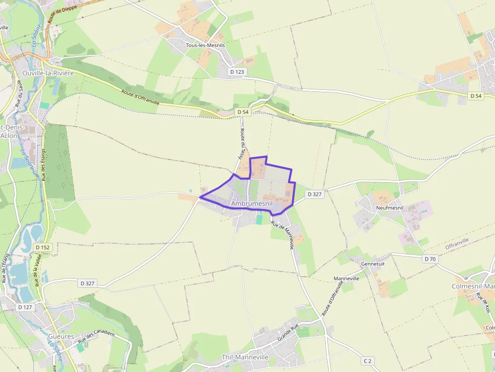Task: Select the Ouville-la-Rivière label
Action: click(48, 73)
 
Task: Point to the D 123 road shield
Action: click(237, 72)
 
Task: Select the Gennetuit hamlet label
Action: click(373, 263)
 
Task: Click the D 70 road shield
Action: click(430, 259)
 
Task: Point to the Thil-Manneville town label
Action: click(245, 357)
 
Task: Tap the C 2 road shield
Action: click(367, 361)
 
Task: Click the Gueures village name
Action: click(61, 336)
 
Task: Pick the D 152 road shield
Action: click(43, 247)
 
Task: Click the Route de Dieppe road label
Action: click(58, 13)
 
